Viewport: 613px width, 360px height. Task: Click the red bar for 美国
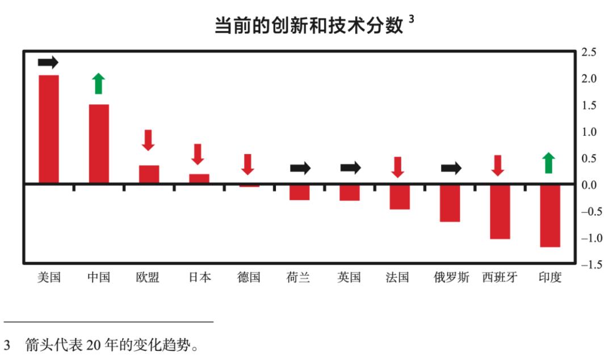48,129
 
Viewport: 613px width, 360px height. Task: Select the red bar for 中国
99,144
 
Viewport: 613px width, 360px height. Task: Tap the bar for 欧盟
149,174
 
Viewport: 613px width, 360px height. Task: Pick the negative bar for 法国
400,197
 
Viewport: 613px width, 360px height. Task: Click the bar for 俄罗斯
450,203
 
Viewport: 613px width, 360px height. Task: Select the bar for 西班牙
499,211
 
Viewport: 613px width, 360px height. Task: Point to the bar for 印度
550,215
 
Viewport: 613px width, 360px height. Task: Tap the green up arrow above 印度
548,162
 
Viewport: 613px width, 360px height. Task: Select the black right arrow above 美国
48,62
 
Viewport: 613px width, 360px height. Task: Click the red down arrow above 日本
198,154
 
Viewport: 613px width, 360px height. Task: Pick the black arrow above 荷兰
300,168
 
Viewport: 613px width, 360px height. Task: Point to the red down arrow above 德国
247,164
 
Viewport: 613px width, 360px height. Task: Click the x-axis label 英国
349,278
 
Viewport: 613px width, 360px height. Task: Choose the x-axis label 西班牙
499,278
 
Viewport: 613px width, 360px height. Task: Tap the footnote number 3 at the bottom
7,345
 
